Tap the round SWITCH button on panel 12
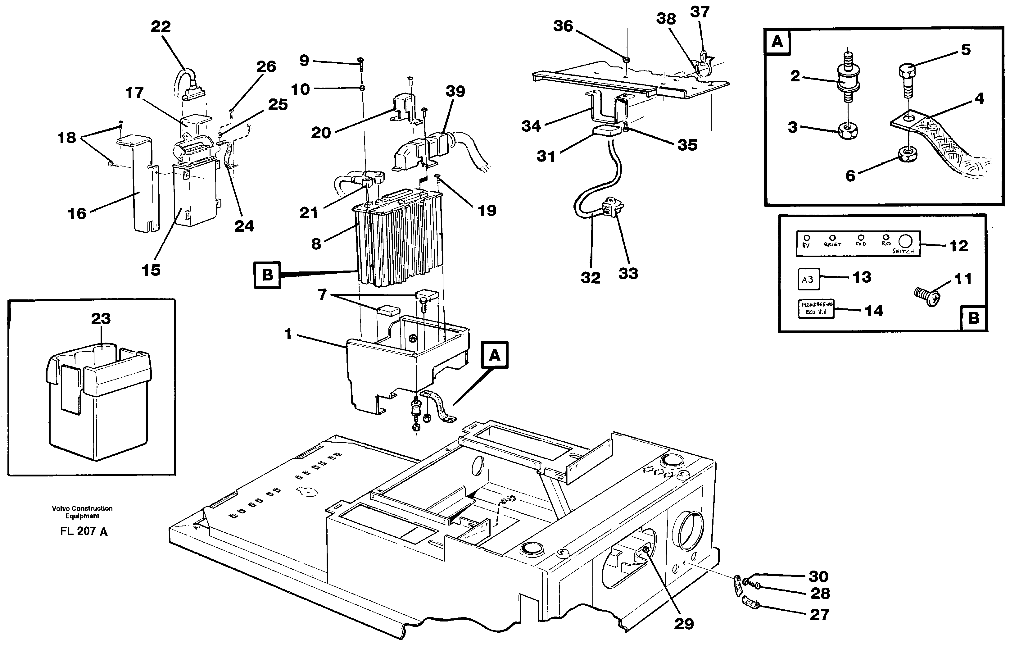click(x=905, y=241)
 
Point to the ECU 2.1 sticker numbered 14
click(x=816, y=309)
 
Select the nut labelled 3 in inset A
click(x=848, y=132)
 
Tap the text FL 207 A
click(x=84, y=531)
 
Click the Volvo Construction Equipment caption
click(x=82, y=512)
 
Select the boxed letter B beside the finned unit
click(x=267, y=275)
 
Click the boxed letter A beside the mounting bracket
click(x=494, y=356)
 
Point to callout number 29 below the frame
click(x=684, y=624)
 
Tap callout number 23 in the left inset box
click(x=101, y=318)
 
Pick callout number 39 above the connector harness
click(x=455, y=91)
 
